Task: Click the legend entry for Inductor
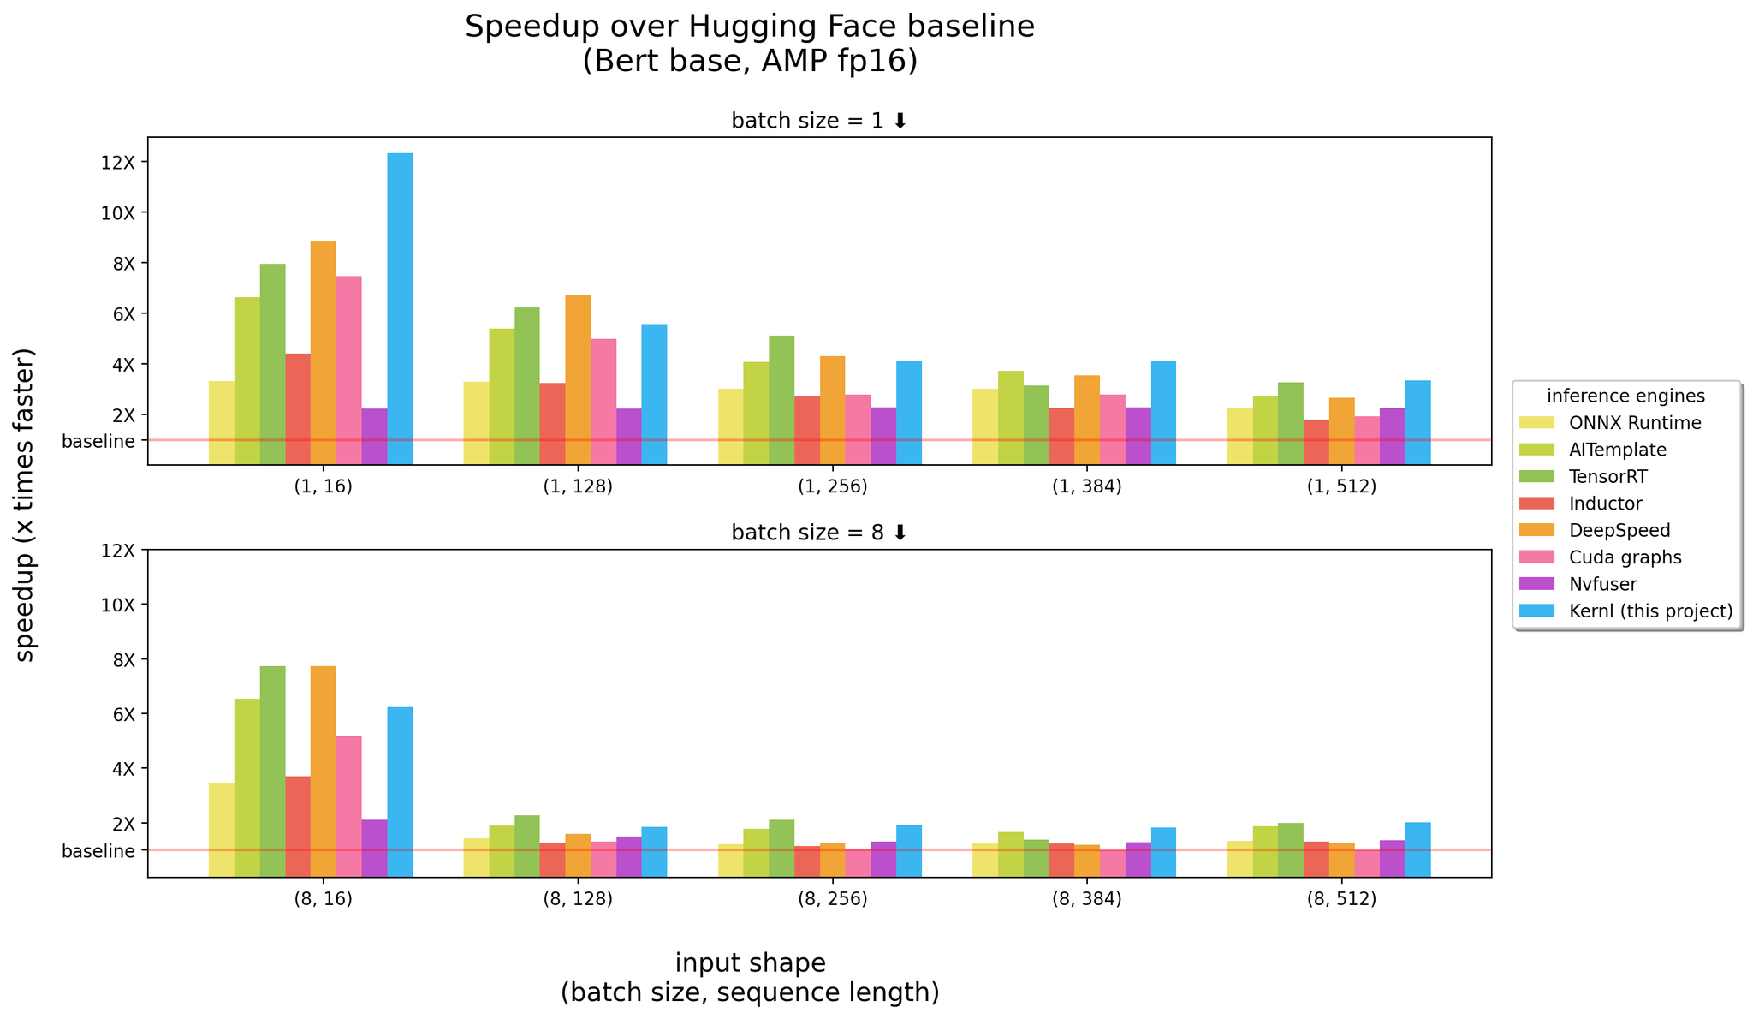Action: tap(1606, 504)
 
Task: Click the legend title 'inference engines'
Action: tap(1625, 396)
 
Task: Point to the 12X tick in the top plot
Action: tap(118, 163)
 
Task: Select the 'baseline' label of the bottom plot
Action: tap(98, 851)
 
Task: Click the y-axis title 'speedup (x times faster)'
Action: tap(26, 504)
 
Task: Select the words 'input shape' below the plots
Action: tap(750, 962)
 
